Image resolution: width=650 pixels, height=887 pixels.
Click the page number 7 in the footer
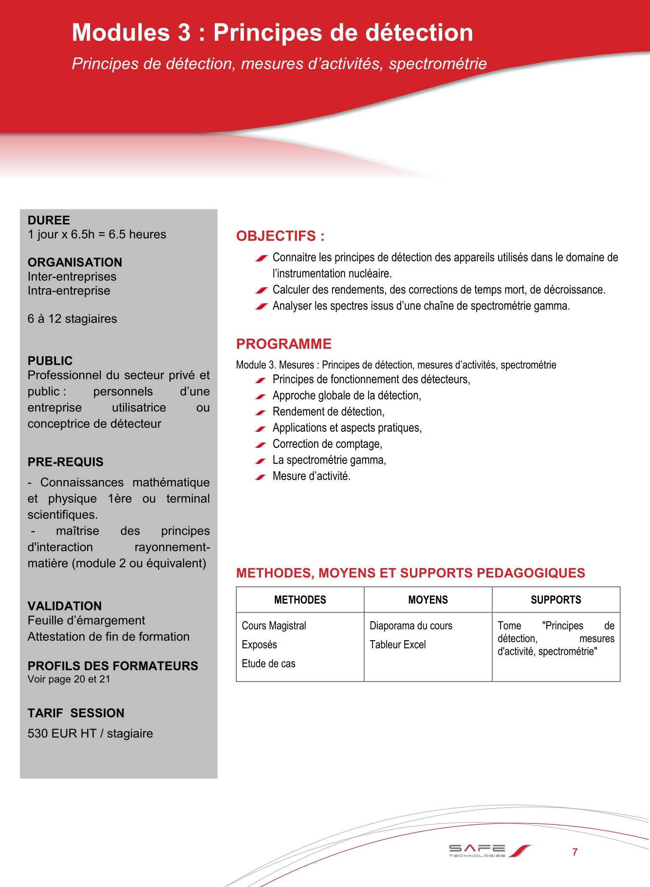point(575,852)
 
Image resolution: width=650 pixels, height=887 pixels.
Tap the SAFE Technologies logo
point(489,851)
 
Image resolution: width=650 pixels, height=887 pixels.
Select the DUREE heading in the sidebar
point(49,220)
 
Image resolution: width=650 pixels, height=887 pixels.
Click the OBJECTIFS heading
point(280,236)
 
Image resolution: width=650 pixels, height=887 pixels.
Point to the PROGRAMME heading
point(284,344)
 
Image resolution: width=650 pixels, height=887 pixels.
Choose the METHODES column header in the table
point(300,600)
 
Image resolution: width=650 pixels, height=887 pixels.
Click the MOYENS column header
point(428,600)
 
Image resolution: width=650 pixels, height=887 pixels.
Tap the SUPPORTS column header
point(556,600)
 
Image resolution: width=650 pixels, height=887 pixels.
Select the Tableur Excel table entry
point(397,645)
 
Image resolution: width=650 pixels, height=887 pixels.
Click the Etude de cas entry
point(268,664)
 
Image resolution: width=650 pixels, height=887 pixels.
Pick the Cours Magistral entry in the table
point(274,626)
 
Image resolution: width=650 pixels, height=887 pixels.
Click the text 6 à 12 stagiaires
point(72,319)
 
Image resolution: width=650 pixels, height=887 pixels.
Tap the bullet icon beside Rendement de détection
point(260,412)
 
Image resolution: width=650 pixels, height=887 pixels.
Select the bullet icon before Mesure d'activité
point(260,477)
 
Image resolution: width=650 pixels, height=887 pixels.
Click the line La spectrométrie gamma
point(329,460)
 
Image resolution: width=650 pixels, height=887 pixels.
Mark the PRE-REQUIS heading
point(65,462)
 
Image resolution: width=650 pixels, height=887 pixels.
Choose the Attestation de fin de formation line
point(108,637)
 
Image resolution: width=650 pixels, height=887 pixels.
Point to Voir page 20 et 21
point(69,679)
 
